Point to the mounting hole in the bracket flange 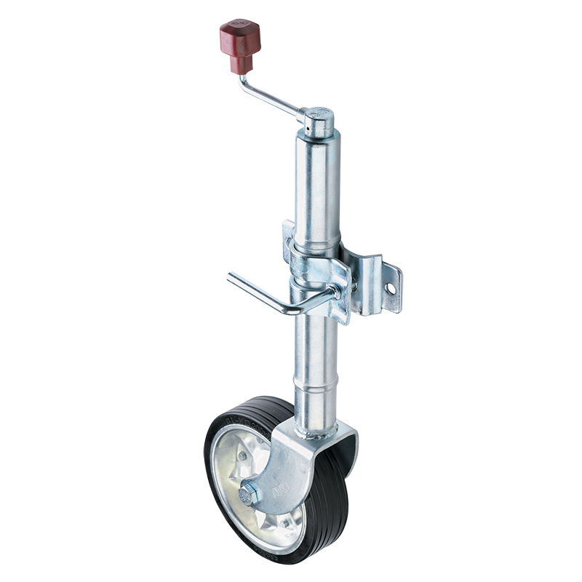click(391, 289)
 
